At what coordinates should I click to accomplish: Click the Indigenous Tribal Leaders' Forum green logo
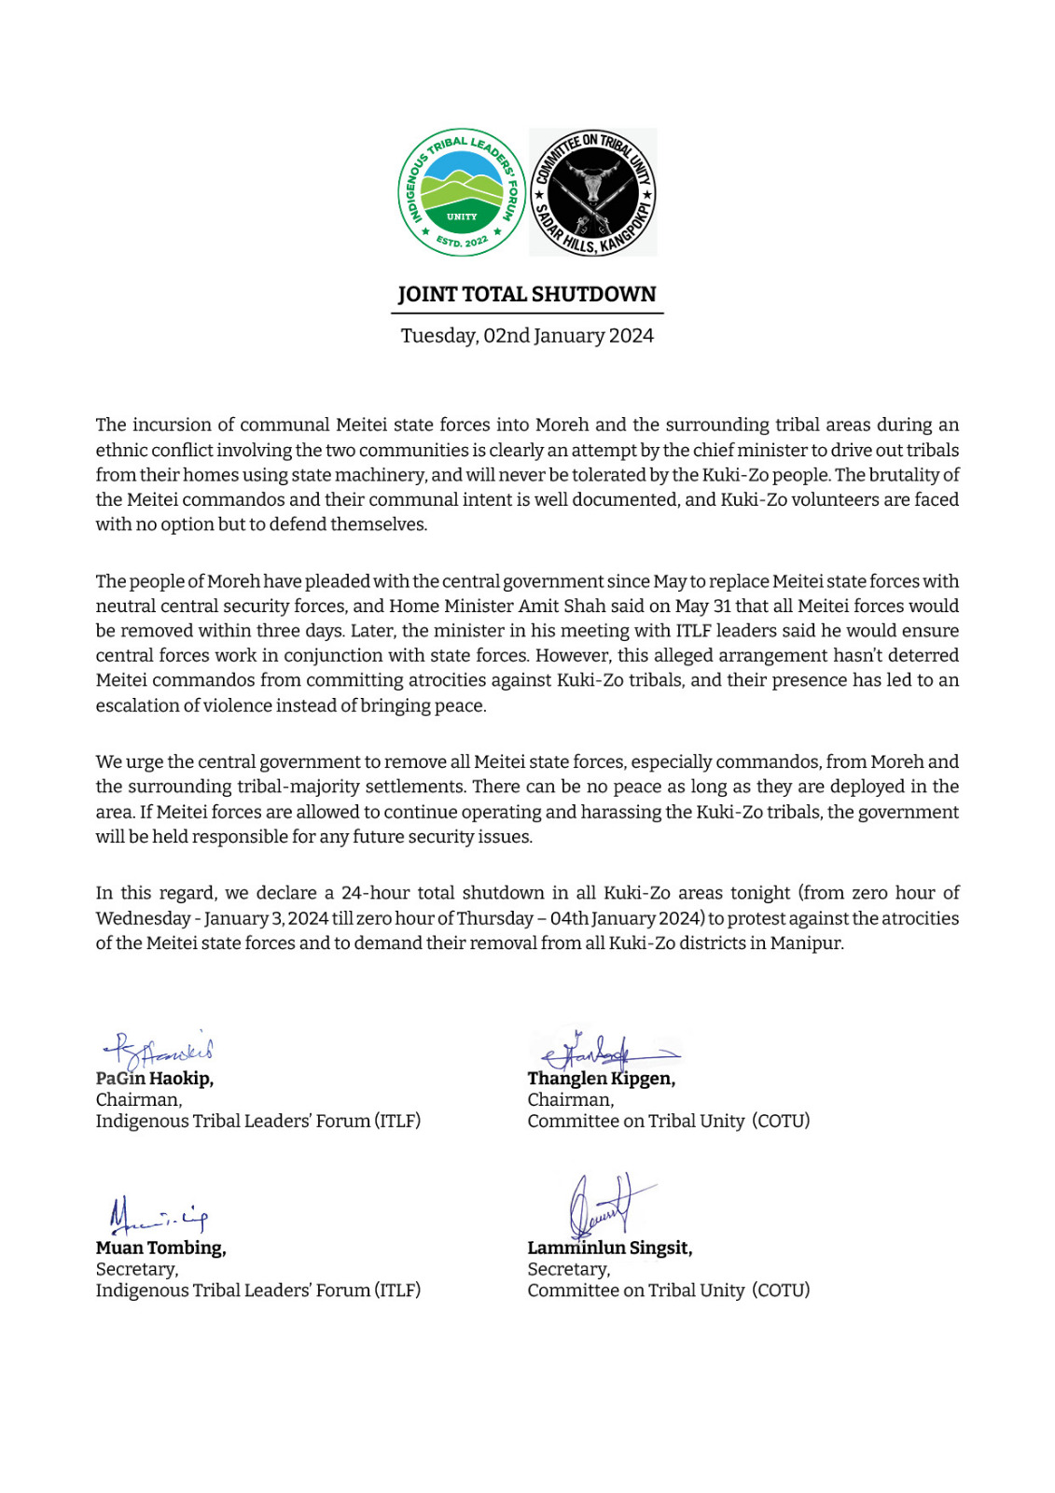462,193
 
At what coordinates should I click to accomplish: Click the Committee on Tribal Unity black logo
593,193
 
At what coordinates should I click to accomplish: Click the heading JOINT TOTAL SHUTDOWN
527,295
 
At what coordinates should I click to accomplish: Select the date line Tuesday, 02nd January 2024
527,336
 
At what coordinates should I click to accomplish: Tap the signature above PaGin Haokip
159,1052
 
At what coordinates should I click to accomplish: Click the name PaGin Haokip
155,1079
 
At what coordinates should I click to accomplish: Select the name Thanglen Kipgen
601,1079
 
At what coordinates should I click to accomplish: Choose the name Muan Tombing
160,1249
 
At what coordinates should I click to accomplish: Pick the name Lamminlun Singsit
609,1249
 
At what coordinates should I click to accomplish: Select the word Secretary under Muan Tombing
136,1270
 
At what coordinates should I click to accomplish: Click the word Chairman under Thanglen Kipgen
570,1100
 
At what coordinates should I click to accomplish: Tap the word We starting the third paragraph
108,762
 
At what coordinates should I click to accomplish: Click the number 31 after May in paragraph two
722,607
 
